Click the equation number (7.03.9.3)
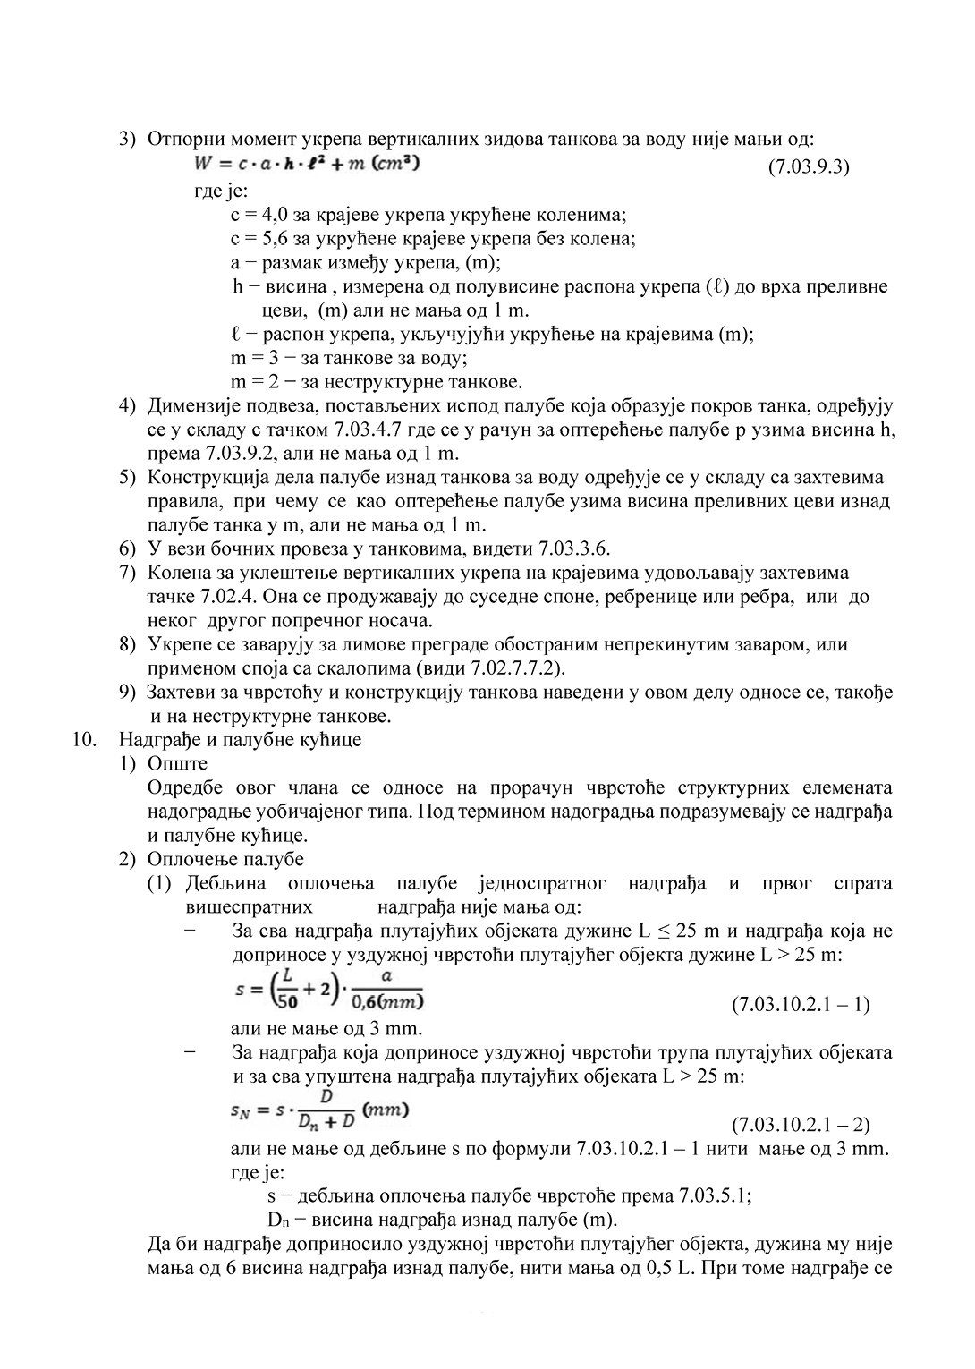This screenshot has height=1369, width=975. click(808, 167)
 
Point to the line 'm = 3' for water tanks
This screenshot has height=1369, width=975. click(349, 358)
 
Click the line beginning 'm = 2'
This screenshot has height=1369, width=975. click(376, 382)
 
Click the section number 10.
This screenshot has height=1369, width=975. click(83, 740)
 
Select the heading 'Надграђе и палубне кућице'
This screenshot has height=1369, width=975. click(240, 740)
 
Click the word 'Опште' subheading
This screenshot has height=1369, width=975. click(177, 764)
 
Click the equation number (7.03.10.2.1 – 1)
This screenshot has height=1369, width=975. click(800, 1004)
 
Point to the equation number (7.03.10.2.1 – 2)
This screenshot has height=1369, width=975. click(800, 1124)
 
